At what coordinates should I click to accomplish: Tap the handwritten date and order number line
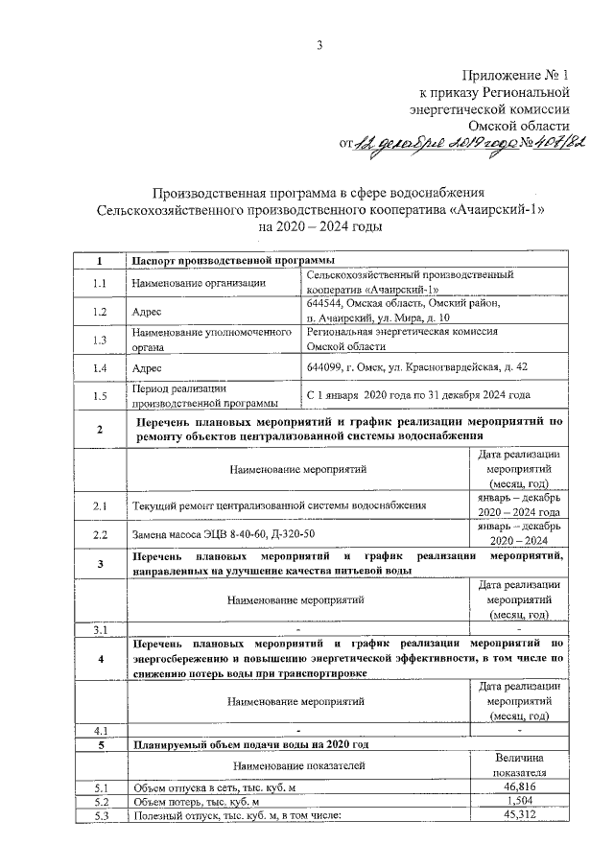(462, 144)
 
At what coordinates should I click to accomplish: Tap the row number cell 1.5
(100, 395)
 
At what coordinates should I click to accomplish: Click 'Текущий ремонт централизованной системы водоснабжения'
(279, 504)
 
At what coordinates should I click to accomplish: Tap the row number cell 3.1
(100, 629)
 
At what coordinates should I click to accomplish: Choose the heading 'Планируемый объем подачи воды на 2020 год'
(249, 744)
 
